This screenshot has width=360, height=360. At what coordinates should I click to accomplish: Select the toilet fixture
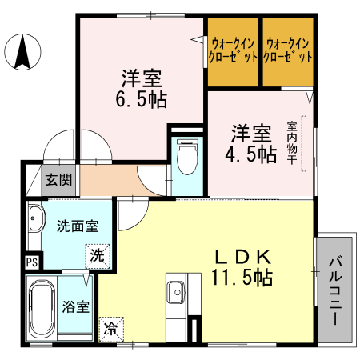(186, 158)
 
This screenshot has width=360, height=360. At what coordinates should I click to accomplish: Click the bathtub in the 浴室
(41, 309)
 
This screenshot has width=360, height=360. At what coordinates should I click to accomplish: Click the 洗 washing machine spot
(96, 256)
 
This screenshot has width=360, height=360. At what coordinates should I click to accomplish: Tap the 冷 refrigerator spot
(110, 327)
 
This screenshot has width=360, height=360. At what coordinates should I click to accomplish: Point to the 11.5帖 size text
(242, 278)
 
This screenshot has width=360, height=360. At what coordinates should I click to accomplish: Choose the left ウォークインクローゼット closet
(234, 51)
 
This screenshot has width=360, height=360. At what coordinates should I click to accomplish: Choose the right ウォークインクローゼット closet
(289, 51)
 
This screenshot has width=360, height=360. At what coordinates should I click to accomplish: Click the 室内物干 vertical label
(293, 144)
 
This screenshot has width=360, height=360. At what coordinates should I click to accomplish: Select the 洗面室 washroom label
(78, 226)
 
